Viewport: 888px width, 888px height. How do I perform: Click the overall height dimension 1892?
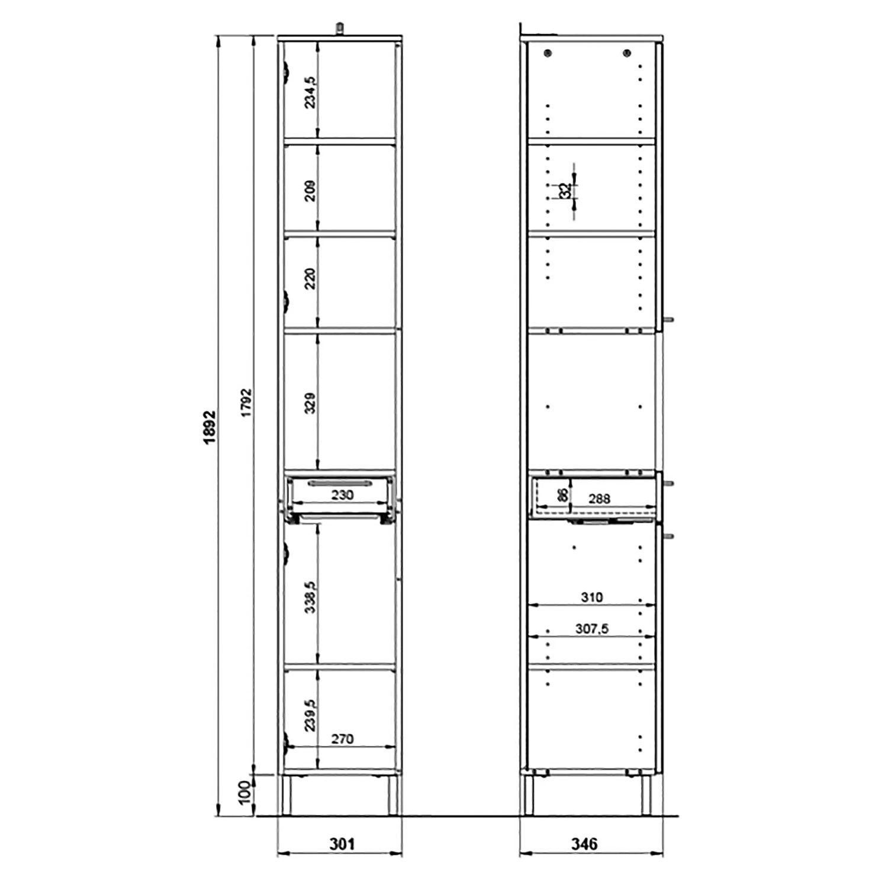210,427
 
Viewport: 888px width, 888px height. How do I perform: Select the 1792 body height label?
246,403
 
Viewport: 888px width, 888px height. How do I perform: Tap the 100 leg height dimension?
244,792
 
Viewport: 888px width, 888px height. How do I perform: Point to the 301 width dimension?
342,843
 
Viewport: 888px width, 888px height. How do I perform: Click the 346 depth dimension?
584,843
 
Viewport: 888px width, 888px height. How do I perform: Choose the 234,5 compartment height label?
310,92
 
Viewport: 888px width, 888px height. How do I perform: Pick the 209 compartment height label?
310,191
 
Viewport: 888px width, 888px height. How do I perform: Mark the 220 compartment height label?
310,278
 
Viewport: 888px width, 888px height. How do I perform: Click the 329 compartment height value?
310,403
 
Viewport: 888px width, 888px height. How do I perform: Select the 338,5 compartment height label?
310,597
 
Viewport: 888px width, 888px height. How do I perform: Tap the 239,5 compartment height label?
310,715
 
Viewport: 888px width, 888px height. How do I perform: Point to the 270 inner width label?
342,738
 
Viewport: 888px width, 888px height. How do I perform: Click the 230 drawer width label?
342,494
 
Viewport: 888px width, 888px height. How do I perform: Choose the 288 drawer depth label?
599,498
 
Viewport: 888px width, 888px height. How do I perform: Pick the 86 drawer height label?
563,494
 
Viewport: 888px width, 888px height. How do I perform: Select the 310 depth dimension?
591,597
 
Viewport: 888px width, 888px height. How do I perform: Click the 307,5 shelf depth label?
591,629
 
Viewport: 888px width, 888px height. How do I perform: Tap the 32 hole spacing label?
565,191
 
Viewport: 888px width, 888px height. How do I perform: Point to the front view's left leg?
287,794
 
